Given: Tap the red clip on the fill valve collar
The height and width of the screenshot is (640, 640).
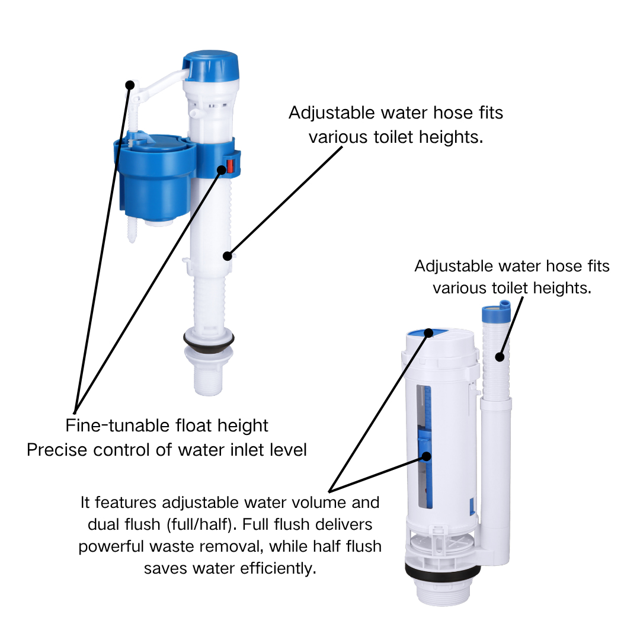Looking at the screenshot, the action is pos(230,165).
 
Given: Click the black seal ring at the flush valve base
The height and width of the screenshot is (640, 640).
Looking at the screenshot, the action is pos(443,572).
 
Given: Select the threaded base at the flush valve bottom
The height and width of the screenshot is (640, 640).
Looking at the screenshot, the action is pos(442,593).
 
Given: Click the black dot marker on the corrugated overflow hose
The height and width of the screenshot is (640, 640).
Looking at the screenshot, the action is pos(500,357).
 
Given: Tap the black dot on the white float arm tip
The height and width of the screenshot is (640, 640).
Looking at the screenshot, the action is pos(130,85).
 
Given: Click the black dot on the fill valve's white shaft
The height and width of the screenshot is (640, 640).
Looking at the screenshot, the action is pos(228,256).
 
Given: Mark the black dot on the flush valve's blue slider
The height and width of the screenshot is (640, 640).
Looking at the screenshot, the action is pos(426,456).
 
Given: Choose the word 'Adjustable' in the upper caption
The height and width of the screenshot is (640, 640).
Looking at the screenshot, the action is pos(331,113).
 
